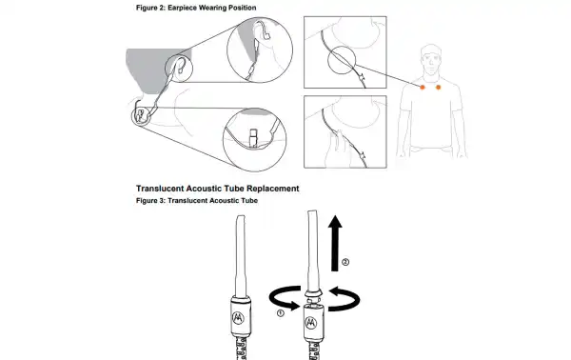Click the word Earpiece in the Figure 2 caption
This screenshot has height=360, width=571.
click(x=182, y=8)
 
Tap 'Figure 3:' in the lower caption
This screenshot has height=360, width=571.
click(x=150, y=200)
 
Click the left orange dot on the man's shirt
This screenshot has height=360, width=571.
click(x=423, y=87)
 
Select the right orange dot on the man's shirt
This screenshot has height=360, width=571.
click(x=438, y=87)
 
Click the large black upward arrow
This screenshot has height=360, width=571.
click(x=335, y=243)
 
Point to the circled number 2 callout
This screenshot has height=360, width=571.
click(x=345, y=262)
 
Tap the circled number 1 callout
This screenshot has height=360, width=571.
click(x=281, y=313)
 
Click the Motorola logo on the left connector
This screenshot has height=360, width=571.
click(x=238, y=317)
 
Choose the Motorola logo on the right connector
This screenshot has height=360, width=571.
click(x=310, y=323)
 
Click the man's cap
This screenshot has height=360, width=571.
click(x=431, y=50)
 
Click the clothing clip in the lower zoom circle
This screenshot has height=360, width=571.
click(x=254, y=137)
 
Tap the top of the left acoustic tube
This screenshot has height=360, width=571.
click(x=241, y=216)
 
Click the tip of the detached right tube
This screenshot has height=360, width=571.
click(x=312, y=211)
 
